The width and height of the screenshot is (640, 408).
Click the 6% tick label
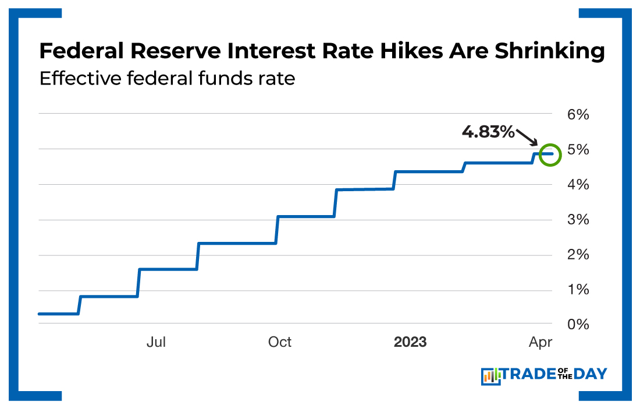click(x=578, y=115)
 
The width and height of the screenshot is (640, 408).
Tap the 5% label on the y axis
click(x=578, y=150)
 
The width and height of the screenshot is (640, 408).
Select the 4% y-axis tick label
click(x=578, y=185)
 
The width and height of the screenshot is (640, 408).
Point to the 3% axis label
click(x=578, y=220)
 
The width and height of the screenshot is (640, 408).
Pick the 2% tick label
click(x=578, y=255)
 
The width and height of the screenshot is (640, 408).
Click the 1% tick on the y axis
click(x=578, y=290)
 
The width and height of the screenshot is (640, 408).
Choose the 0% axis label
click(x=578, y=324)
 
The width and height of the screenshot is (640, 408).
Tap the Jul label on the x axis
click(x=156, y=342)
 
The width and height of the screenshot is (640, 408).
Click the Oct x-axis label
click(x=280, y=342)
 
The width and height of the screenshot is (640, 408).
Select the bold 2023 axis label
click(x=410, y=342)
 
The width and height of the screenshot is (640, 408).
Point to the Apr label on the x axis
click(x=540, y=342)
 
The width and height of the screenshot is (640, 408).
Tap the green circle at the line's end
click(x=550, y=154)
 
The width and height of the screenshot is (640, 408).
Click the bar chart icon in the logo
click(x=490, y=376)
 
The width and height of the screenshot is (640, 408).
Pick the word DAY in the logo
click(x=591, y=374)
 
